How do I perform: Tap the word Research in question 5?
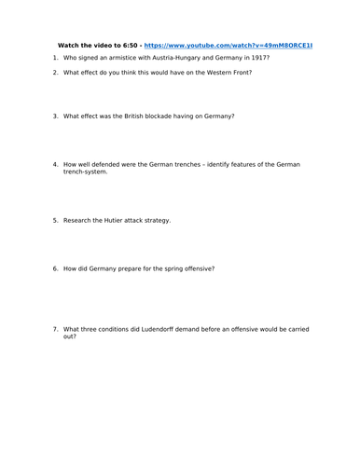[x=76, y=221]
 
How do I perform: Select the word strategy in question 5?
[x=156, y=221]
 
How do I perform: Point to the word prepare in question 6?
[x=128, y=268]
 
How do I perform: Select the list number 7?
[x=55, y=328]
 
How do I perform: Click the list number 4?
[x=55, y=164]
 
